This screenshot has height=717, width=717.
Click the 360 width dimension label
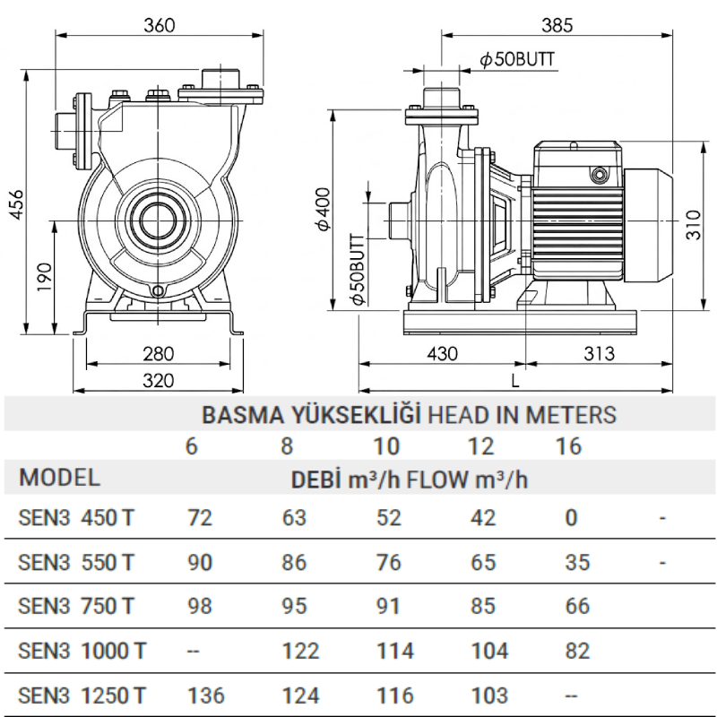[160, 25]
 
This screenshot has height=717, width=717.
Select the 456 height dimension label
[16, 204]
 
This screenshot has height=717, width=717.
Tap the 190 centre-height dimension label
[44, 277]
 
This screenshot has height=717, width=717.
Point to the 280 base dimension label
[159, 353]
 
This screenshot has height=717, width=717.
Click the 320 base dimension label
[159, 380]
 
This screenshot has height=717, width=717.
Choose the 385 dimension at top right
[557, 25]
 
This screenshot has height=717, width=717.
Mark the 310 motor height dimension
[693, 225]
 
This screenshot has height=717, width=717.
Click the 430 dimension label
[442, 353]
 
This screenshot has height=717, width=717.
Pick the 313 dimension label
[599, 353]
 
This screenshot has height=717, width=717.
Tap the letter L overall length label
[515, 381]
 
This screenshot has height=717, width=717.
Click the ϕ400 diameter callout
[324, 209]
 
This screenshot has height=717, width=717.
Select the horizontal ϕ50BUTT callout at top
[517, 59]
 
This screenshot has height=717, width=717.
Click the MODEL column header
[59, 478]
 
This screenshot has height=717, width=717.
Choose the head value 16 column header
[568, 446]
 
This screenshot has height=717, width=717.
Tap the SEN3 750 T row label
[76, 607]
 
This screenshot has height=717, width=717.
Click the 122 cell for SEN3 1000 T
[300, 651]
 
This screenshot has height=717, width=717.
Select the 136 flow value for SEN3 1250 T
[206, 695]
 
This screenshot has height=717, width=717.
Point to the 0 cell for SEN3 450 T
[572, 518]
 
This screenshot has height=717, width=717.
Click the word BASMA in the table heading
[243, 415]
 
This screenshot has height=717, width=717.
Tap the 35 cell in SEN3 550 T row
[577, 563]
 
